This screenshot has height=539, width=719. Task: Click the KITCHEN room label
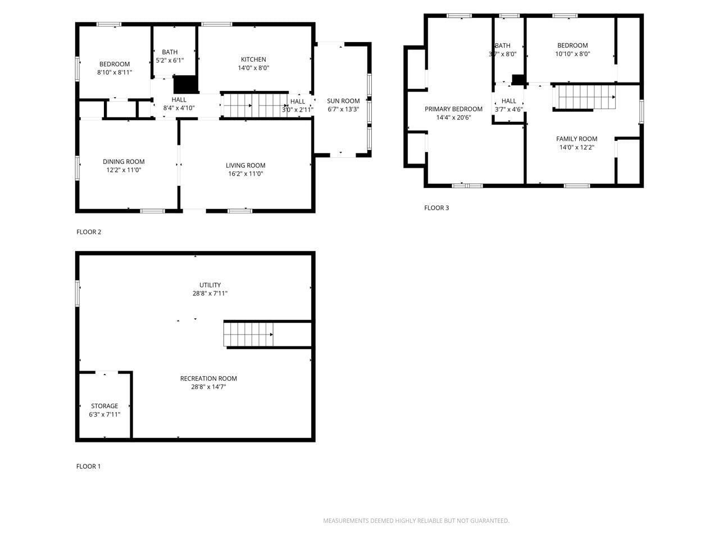pos(253,60)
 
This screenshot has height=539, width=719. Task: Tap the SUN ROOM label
pos(343,101)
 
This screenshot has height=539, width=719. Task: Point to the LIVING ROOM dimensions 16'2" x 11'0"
pos(245,174)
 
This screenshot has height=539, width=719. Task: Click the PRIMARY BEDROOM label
pos(453,109)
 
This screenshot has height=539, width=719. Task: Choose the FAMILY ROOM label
pos(576,139)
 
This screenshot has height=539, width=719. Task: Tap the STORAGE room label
pos(104,406)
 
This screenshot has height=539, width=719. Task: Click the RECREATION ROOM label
pos(208,378)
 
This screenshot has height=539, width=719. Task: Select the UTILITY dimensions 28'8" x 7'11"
pos(210,294)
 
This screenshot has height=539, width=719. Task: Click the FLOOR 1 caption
pos(89,466)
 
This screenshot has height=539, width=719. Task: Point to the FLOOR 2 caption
pos(89,232)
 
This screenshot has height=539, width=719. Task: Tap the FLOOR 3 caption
pos(436,208)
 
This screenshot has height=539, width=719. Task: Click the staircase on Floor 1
pos(248,335)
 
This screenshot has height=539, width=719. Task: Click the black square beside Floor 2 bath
pos(186,84)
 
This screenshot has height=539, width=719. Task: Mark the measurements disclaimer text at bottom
pos(416,521)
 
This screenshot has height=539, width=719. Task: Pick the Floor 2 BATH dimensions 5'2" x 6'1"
pos(170,61)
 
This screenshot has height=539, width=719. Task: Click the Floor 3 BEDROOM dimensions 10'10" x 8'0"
pos(572,54)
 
